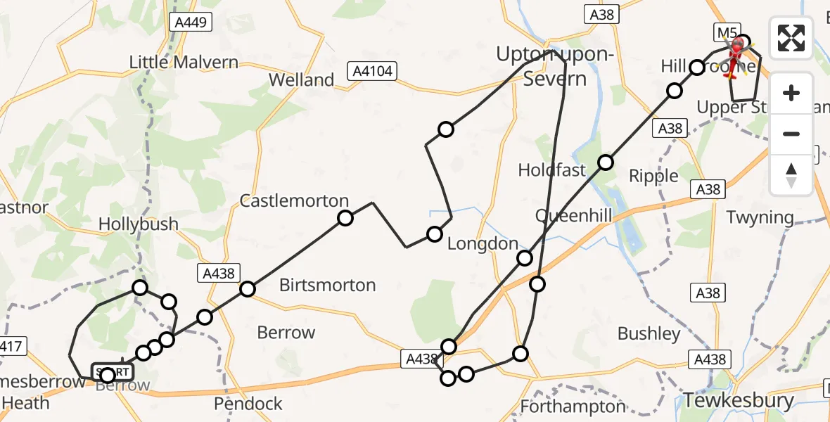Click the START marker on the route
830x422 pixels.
[111, 372]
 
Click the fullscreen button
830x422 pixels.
[791, 38]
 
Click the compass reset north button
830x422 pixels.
[791, 175]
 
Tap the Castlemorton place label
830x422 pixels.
[294, 200]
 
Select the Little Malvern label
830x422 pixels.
[184, 62]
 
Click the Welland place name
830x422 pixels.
[301, 79]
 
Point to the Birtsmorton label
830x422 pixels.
[327, 285]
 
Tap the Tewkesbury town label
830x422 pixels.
[739, 401]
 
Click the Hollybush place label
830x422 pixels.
[138, 224]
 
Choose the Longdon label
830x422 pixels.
[483, 243]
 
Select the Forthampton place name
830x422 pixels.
[573, 406]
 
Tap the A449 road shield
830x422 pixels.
[191, 23]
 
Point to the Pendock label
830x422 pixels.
[248, 404]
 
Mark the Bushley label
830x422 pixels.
[649, 333]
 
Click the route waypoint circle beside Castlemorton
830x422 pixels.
[345, 218]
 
